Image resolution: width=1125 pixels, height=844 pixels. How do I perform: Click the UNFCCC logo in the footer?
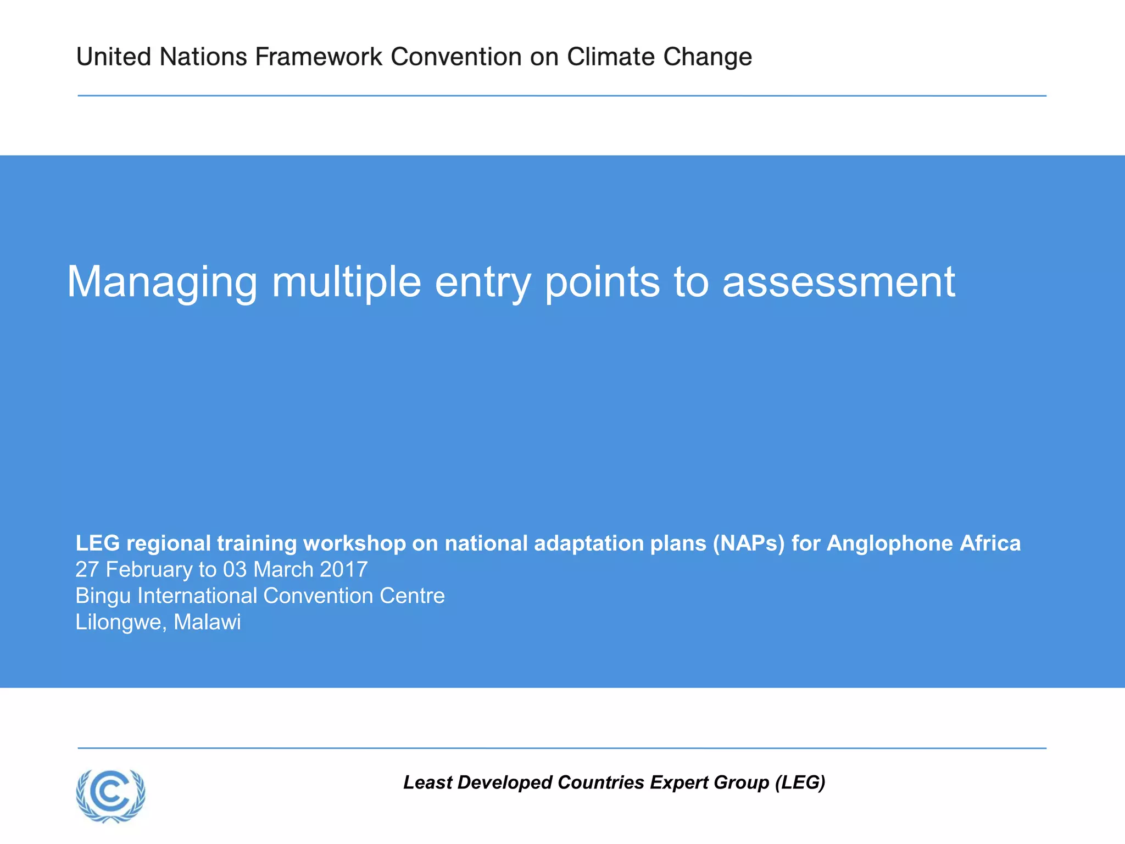[111, 796]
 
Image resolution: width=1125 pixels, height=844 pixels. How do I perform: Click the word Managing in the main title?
[162, 282]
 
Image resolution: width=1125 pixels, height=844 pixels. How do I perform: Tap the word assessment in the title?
[838, 282]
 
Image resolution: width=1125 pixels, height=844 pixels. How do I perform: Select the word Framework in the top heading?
[319, 57]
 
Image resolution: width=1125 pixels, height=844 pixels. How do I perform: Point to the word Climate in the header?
[611, 57]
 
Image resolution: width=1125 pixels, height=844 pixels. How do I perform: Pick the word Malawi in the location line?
[207, 622]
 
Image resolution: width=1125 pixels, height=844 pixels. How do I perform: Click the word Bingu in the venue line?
[103, 596]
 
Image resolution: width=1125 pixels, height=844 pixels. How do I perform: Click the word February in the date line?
[149, 570]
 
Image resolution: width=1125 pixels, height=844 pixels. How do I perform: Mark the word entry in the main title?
[483, 283]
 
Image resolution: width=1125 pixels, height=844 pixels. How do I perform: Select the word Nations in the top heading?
[203, 57]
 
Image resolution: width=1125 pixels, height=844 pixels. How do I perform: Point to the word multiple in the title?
[346, 282]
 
